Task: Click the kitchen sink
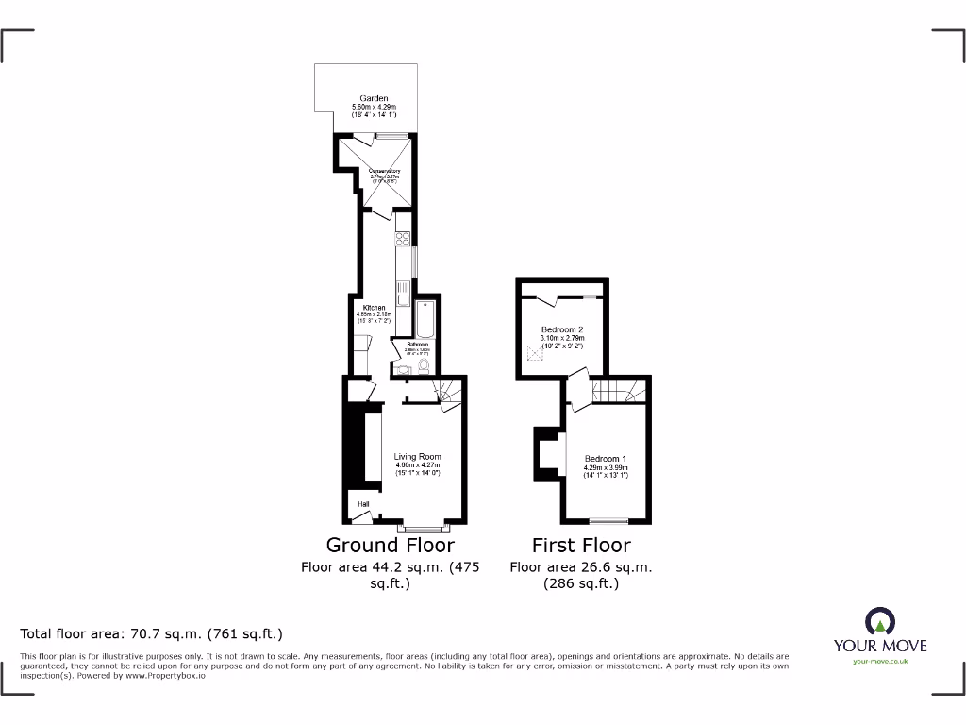coord(404,299)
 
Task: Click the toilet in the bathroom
coord(424,365)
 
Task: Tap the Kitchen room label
coord(374,308)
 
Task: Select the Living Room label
coord(417,457)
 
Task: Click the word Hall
coord(362,504)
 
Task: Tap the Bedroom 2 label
coord(561,329)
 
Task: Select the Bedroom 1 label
coord(605,460)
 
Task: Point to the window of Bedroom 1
coord(608,521)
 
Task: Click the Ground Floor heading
coord(390,545)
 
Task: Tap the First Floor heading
coord(581,545)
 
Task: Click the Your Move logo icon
coord(879,621)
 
